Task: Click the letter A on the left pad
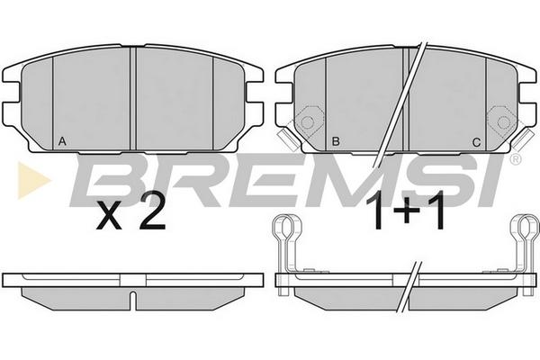(x=62, y=141)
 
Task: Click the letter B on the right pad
(x=336, y=141)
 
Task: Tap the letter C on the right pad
(x=476, y=142)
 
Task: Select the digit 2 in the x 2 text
(x=151, y=213)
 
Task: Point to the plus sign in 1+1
(x=405, y=212)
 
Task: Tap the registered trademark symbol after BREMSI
(x=516, y=158)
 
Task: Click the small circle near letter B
(x=307, y=122)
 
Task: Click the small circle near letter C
(x=503, y=122)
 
